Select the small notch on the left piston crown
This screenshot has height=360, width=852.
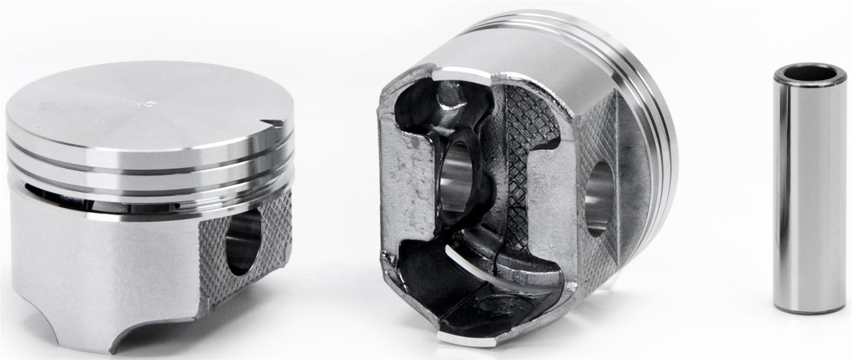[276, 124]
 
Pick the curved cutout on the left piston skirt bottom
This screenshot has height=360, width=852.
[154, 330]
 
